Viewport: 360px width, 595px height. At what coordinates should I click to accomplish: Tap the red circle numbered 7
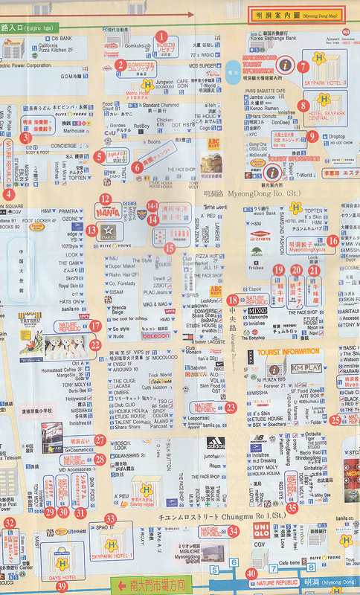303,66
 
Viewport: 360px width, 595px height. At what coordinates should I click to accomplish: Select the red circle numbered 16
333,240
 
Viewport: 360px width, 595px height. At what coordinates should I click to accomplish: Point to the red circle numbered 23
231,408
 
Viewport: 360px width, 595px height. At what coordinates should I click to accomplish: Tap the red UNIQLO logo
260,530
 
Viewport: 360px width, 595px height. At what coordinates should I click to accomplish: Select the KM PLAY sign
306,368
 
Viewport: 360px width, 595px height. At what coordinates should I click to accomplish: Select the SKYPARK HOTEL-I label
112,556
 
